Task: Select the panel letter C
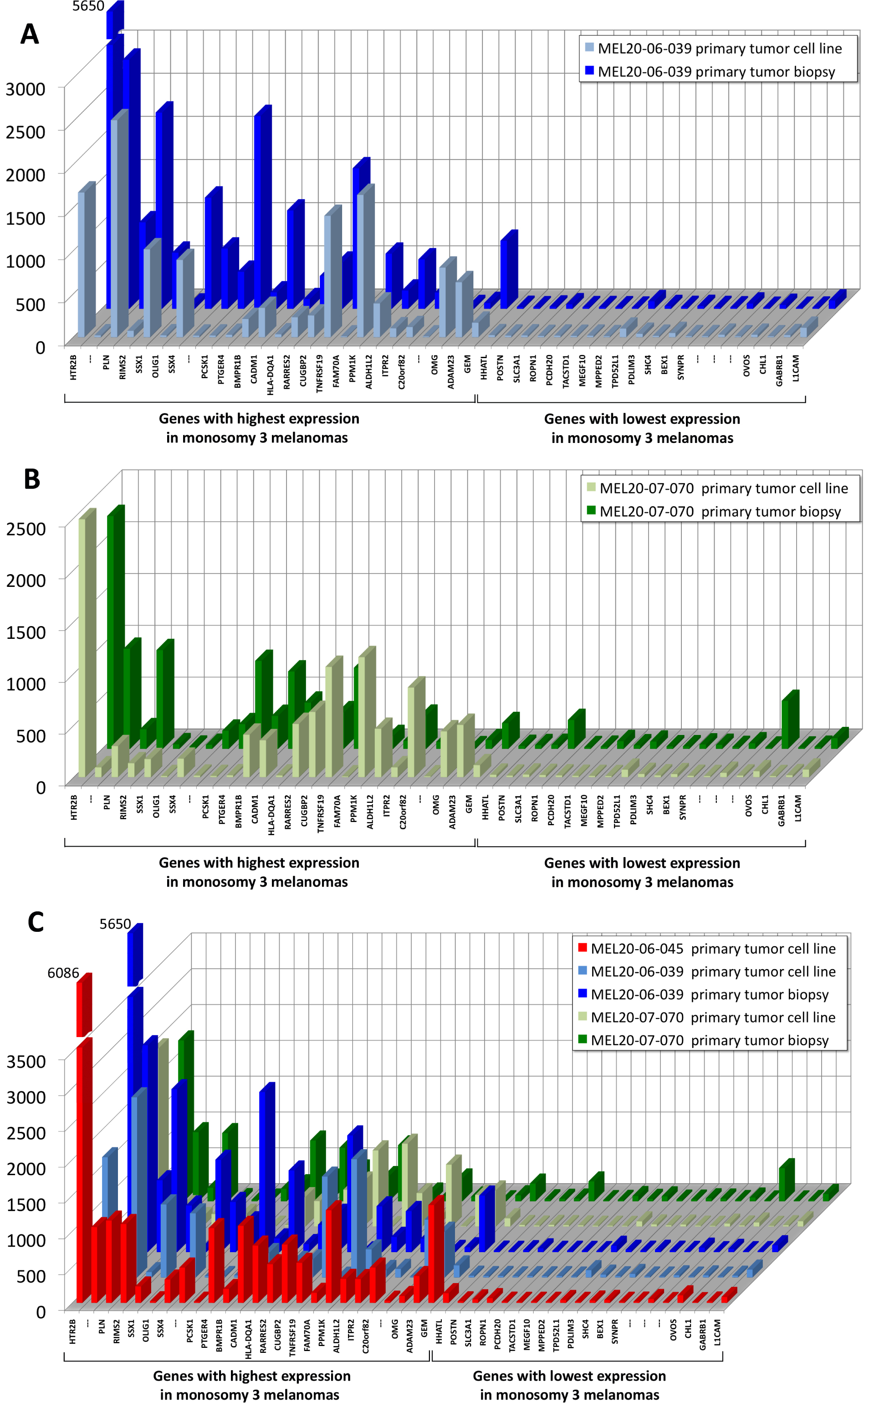click(x=36, y=922)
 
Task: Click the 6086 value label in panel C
click(x=63, y=973)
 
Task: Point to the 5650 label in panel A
click(x=88, y=6)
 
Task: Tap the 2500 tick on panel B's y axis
click(x=26, y=528)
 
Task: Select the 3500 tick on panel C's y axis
click(x=26, y=1061)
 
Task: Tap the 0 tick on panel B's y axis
click(x=40, y=787)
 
